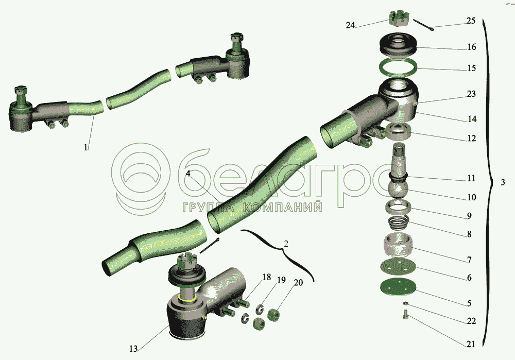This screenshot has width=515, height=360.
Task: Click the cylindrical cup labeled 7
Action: click(x=398, y=245)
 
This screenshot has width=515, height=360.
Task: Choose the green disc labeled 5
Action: click(x=398, y=288)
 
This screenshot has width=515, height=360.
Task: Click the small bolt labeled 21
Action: click(x=405, y=314)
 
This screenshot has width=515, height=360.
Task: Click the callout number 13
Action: click(x=133, y=349)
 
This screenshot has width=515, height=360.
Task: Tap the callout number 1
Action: click(x=85, y=147)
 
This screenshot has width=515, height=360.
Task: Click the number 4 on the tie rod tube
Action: click(x=188, y=174)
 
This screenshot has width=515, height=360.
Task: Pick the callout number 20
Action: click(x=298, y=282)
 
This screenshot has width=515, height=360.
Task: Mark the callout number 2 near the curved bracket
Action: click(x=286, y=244)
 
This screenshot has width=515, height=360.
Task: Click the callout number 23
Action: click(x=471, y=94)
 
